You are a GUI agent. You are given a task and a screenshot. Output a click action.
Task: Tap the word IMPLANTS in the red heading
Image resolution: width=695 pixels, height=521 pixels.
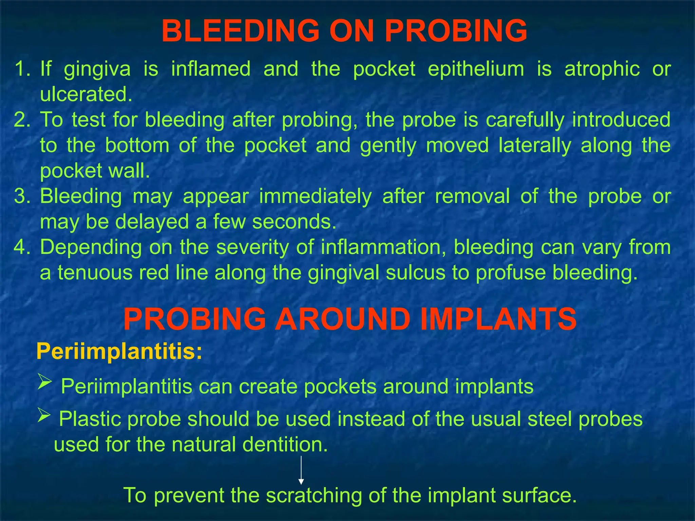pyautogui.click(x=498, y=319)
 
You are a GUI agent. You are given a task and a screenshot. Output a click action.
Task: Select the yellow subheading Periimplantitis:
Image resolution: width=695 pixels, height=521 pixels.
pyautogui.click(x=119, y=351)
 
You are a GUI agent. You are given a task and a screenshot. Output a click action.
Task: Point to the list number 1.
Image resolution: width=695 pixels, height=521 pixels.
pyautogui.click(x=23, y=69)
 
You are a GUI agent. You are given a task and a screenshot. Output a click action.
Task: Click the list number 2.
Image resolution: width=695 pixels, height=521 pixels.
pyautogui.click(x=23, y=120)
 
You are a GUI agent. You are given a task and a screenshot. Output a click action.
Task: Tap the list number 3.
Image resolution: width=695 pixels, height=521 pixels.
pyautogui.click(x=23, y=196)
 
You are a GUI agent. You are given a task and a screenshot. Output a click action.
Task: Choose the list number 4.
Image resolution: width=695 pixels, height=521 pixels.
pyautogui.click(x=23, y=247)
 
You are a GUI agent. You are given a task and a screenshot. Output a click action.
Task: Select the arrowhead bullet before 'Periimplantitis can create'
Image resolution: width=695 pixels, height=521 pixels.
pyautogui.click(x=44, y=382)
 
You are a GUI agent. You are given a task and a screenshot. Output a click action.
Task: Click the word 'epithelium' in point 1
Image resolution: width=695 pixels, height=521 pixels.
pyautogui.click(x=476, y=69)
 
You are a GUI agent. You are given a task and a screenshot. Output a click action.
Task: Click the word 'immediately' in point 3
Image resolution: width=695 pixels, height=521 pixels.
pyautogui.click(x=315, y=197)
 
